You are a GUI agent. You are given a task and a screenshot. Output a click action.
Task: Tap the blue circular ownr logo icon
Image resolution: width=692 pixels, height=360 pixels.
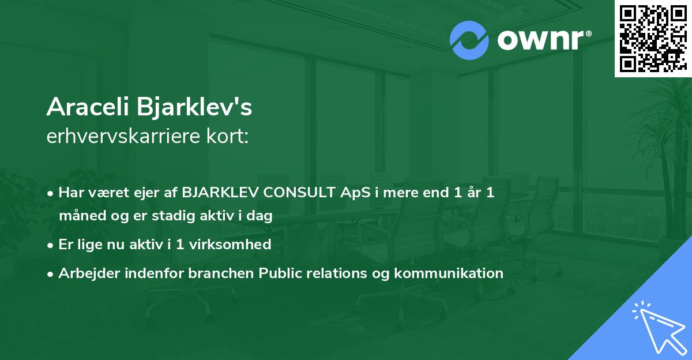tap(469, 39)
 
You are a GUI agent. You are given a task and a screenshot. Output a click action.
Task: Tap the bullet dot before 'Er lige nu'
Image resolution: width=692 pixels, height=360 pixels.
tap(51, 245)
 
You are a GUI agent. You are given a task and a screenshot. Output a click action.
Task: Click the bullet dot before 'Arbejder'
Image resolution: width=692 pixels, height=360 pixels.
tap(51, 273)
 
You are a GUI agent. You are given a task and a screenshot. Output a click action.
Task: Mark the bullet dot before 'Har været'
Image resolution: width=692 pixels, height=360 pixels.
tap(51, 193)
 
